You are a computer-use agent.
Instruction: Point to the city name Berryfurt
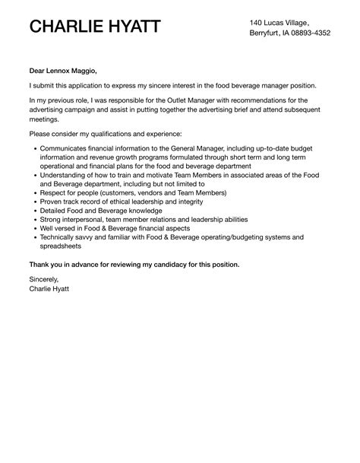pos(267,33)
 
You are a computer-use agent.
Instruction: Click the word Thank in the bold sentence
pos(39,265)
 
